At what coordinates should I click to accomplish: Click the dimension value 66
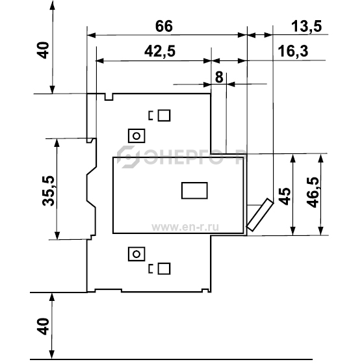[164, 26]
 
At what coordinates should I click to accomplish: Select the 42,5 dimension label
[160, 51]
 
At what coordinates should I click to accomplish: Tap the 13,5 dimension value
[306, 26]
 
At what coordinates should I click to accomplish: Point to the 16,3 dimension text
[293, 51]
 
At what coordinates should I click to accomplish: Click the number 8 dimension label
[219, 77]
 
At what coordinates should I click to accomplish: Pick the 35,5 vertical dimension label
[48, 191]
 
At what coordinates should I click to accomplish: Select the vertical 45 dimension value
[285, 196]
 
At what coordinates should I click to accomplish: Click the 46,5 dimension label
[313, 192]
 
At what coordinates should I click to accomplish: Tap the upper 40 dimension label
[43, 50]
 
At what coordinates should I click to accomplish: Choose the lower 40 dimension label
[43, 326]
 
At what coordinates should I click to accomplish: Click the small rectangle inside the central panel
[194, 190]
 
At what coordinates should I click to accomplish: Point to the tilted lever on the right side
[260, 214]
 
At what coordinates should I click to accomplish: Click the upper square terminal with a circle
[136, 136]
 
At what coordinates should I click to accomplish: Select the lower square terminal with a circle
[136, 254]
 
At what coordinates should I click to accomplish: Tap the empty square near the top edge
[164, 116]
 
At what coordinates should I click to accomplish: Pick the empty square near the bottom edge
[164, 268]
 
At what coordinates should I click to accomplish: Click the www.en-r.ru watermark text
[185, 227]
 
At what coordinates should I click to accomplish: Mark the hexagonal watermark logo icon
[128, 157]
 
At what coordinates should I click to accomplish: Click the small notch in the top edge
[109, 97]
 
